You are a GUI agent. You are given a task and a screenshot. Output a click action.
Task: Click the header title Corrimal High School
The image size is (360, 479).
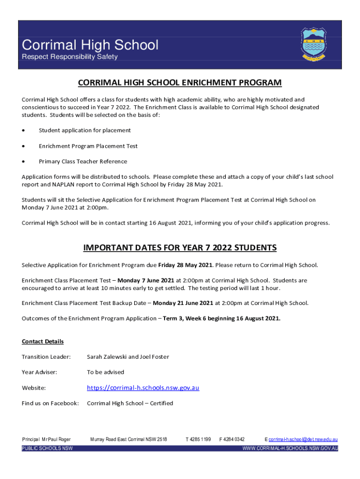[x=90, y=45]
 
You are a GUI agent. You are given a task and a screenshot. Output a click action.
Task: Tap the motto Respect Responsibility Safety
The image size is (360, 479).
[x=70, y=57]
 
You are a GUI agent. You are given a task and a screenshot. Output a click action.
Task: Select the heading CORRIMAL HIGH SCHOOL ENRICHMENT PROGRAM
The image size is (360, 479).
[x=180, y=83]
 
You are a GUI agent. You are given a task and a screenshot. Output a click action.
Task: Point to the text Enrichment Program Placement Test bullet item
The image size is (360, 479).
[x=88, y=146]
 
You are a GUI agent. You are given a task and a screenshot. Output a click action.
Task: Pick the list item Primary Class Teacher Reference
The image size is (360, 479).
[x=83, y=161]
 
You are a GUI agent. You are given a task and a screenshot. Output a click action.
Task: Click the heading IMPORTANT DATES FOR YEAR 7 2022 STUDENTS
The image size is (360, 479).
[x=180, y=247]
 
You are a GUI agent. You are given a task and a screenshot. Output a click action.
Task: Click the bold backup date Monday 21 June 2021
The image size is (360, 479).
[x=183, y=303]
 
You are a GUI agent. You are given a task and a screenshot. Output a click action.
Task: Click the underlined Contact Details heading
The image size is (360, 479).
[x=43, y=341]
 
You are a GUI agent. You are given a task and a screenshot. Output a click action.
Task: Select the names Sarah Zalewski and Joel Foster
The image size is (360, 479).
[x=128, y=357]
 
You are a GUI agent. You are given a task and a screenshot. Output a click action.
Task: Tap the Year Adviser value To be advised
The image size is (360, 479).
[x=106, y=372]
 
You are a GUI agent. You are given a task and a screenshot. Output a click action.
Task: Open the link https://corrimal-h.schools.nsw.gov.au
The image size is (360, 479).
[x=143, y=388]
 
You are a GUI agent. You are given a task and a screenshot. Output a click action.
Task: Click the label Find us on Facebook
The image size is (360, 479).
[x=50, y=403]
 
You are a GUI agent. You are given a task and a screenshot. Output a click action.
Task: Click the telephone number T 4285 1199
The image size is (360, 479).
[x=198, y=440]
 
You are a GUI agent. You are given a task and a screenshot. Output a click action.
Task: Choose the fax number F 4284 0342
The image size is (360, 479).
[x=232, y=440]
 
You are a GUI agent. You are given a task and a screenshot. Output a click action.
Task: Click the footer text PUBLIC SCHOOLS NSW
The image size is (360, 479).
[x=47, y=448]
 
